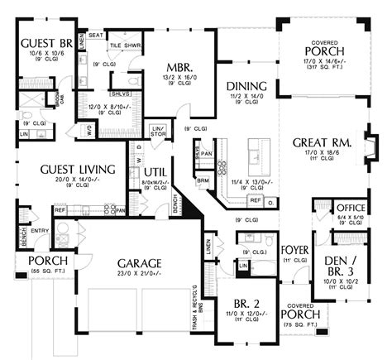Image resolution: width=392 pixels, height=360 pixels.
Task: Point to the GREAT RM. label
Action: (x=323, y=142)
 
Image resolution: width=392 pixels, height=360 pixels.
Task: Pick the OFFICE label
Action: (x=350, y=208)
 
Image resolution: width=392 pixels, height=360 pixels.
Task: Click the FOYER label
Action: (x=295, y=249)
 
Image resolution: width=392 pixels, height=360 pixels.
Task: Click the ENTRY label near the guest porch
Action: (x=40, y=232)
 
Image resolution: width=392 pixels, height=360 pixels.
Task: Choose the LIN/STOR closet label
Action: (x=159, y=129)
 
